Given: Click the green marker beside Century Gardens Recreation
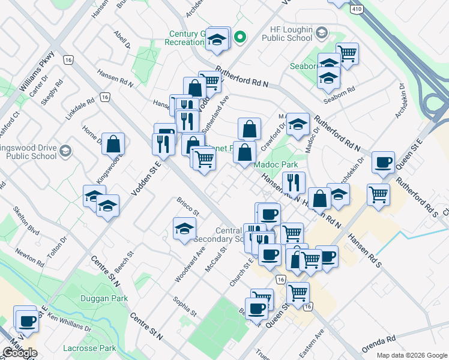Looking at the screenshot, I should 240,37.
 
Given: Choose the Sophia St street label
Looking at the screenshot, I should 184,306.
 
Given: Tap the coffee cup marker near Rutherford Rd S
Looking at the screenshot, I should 382,162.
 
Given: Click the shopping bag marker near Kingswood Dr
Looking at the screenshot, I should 113,143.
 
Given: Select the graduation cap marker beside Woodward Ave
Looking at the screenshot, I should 184,228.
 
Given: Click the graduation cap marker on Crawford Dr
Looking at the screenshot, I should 297,124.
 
